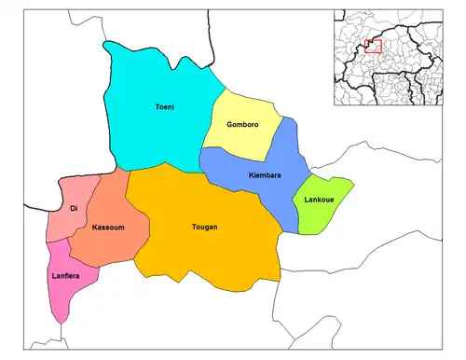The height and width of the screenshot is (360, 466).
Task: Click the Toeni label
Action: point(164,107)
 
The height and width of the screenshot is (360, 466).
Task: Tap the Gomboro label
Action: point(242,125)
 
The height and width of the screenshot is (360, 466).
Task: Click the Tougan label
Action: point(204,227)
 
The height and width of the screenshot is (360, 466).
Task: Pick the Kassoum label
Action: point(108,228)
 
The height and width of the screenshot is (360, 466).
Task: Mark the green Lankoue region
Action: point(322,215)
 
